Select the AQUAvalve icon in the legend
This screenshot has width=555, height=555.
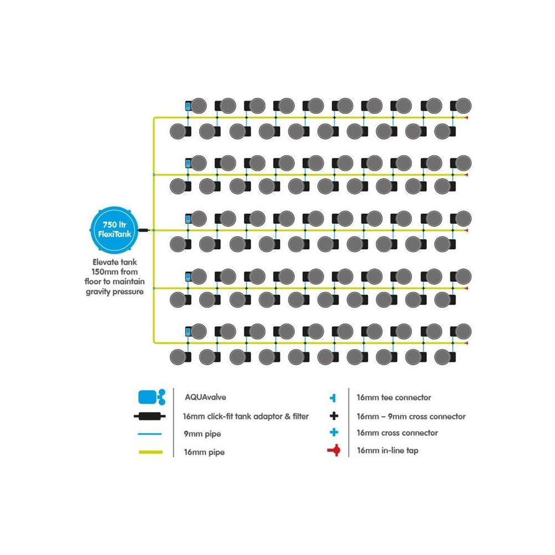coord(150,397)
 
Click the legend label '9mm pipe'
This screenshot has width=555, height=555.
coord(199,434)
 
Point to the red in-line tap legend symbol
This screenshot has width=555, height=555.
coord(334,451)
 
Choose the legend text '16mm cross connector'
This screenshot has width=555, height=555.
coord(397,433)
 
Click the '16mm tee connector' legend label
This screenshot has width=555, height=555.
coord(393,397)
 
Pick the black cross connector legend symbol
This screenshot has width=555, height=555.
coord(334,416)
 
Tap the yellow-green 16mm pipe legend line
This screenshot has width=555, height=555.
coord(150,452)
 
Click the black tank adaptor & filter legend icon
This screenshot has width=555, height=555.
coord(150,416)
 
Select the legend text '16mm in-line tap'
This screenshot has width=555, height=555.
coord(387,451)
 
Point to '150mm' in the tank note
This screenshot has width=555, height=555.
coord(103,273)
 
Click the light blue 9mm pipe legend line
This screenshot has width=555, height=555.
coord(150,435)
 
